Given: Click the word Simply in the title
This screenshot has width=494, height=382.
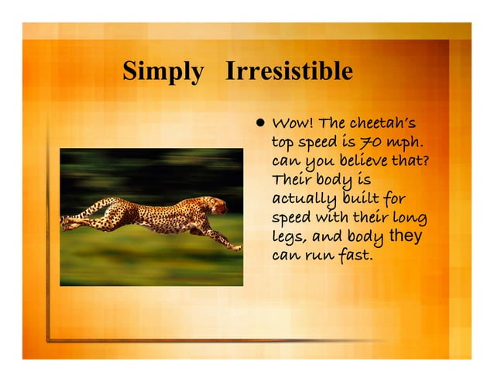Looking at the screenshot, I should click(163, 73).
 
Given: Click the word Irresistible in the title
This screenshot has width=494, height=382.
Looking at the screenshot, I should click(289, 72).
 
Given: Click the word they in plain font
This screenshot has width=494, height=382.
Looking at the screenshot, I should click(405, 236).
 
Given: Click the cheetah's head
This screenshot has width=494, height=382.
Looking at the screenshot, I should click(216, 205).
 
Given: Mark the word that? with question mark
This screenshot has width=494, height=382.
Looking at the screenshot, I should click(413, 162).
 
